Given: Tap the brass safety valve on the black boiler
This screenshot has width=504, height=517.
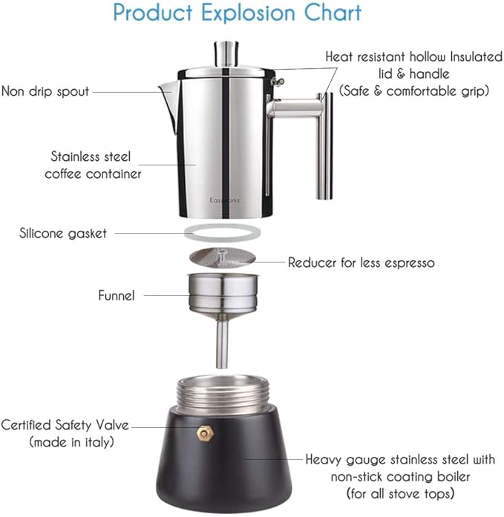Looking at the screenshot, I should click(x=203, y=431).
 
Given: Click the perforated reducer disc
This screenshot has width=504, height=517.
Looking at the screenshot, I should click(x=222, y=258).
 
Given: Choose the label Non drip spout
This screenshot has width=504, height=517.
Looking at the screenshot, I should click(x=45, y=92).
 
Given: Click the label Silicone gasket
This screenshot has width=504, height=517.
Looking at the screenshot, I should click(x=63, y=233).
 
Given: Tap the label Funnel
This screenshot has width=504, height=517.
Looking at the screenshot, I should click(x=117, y=295).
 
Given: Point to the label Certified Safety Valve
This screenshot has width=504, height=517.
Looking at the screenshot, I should click(x=65, y=426).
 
